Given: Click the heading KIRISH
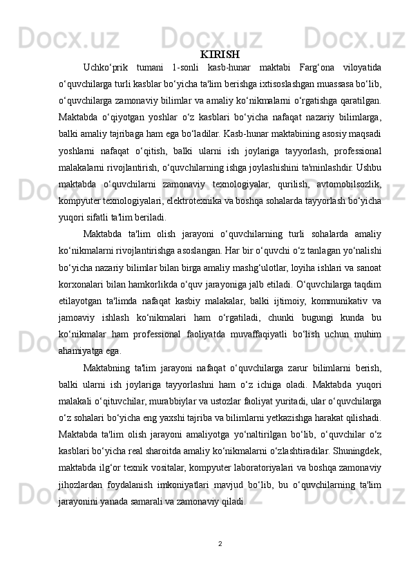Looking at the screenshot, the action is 220,54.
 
